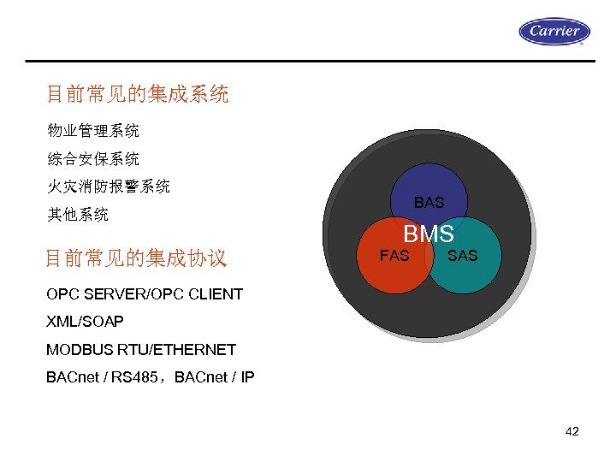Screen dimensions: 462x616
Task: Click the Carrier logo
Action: click(554, 32)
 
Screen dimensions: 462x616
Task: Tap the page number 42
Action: click(572, 431)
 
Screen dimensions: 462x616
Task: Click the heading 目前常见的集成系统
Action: click(138, 94)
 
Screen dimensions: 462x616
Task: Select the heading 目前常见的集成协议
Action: click(136, 258)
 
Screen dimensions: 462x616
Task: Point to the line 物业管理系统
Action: click(93, 131)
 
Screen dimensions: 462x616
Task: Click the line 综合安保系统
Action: click(93, 158)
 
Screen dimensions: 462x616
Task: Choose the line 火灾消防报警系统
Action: click(109, 186)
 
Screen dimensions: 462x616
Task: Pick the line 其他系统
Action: click(78, 214)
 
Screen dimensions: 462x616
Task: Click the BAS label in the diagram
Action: click(429, 203)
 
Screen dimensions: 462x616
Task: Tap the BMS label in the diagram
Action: click(429, 233)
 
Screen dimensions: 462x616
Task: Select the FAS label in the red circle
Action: click(394, 255)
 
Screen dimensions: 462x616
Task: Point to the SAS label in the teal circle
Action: click(463, 255)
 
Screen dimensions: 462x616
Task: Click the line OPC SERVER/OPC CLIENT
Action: click(145, 294)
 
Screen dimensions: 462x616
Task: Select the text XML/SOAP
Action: click(85, 322)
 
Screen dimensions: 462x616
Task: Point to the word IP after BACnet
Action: click(246, 376)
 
